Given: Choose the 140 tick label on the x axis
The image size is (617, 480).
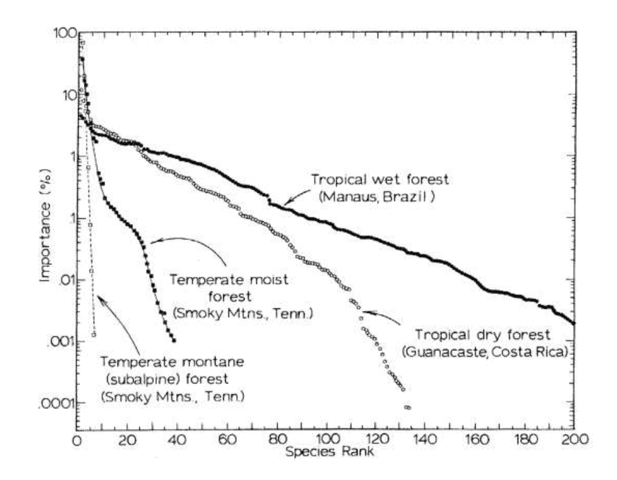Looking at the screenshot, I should click(x=425, y=441).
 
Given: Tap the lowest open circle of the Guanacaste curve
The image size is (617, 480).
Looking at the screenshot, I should click(x=408, y=408).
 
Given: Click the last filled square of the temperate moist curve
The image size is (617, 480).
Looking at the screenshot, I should click(x=174, y=340).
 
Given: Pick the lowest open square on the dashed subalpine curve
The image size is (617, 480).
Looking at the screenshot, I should click(x=94, y=334).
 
